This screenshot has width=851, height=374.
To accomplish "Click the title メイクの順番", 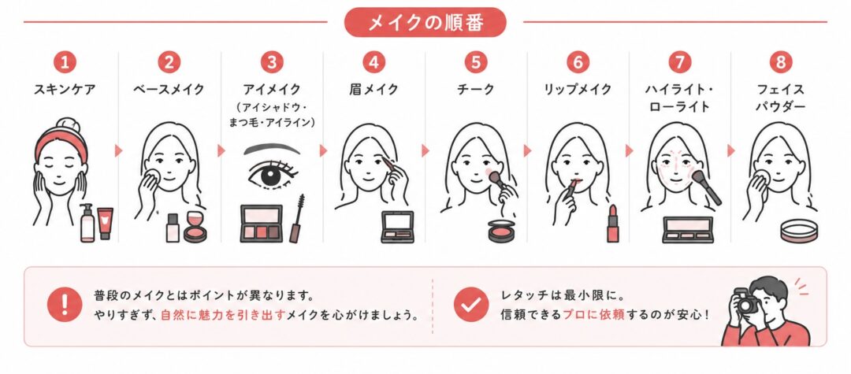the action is click(x=425, y=22).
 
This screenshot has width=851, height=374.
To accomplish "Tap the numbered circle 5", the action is click(x=475, y=62).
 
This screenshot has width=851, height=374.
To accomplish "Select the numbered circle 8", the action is click(x=780, y=62).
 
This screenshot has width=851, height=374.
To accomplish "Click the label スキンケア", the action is click(x=65, y=90).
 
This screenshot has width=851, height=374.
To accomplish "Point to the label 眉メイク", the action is click(x=373, y=90).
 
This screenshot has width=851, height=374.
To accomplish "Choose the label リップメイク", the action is click(x=578, y=90).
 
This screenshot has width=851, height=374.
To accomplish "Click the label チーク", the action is click(x=475, y=90).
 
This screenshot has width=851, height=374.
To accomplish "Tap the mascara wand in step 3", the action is click(x=297, y=218).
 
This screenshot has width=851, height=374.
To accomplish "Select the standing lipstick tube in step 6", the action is click(x=613, y=224).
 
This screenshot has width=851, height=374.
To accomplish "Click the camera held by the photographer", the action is click(x=745, y=302).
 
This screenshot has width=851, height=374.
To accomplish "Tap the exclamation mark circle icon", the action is click(x=64, y=305).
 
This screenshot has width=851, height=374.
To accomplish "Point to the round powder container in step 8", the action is click(x=798, y=231).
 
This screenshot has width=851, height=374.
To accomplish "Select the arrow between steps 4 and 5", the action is click(x=425, y=150).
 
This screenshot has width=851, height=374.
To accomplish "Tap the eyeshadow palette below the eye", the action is click(x=262, y=224).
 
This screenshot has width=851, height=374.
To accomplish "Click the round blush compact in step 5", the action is click(x=501, y=231).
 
